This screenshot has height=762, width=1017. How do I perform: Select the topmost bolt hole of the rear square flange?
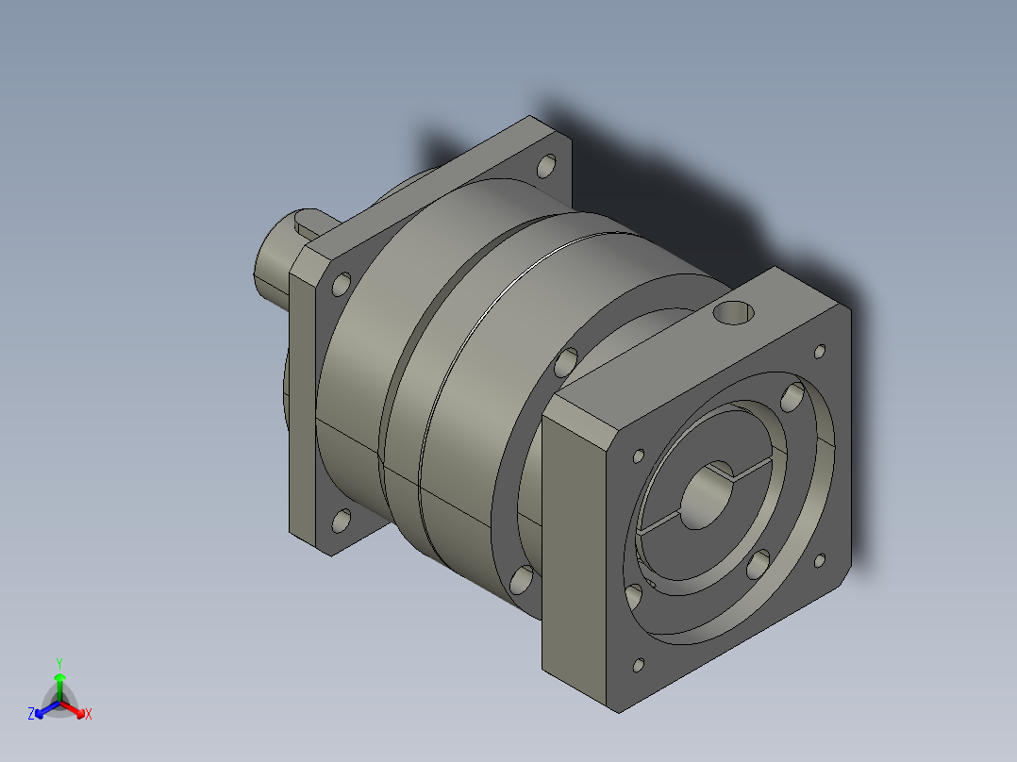pyautogui.click(x=547, y=166)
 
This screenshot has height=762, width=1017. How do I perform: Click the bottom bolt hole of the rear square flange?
pyautogui.click(x=342, y=522)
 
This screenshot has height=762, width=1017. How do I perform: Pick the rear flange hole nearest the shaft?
pyautogui.click(x=342, y=284)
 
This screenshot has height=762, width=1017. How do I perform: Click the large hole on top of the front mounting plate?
pyautogui.click(x=734, y=313)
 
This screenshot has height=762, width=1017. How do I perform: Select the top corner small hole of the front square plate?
pyautogui.click(x=820, y=352)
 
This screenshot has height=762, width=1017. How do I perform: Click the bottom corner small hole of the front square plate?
pyautogui.click(x=638, y=666)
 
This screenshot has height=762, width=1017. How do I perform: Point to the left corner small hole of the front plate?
pyautogui.click(x=638, y=456)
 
